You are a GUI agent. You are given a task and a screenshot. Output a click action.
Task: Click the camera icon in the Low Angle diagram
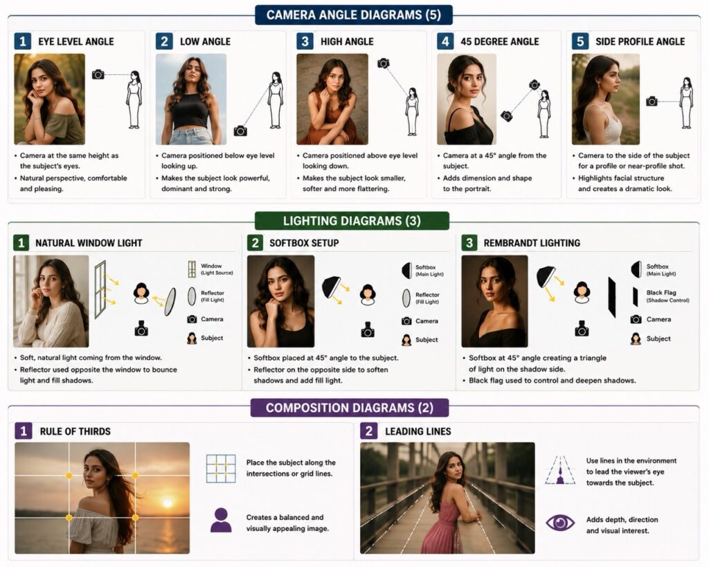coord(240,131)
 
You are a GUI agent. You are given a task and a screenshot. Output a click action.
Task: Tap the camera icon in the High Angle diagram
coord(384,63)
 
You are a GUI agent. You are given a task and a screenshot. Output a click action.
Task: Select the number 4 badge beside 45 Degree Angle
coord(445,41)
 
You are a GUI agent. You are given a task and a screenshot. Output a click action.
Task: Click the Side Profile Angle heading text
coord(640,42)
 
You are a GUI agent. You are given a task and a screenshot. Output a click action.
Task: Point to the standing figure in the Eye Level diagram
coord(134,100)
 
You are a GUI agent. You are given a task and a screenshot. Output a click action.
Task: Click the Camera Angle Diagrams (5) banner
coord(354,15)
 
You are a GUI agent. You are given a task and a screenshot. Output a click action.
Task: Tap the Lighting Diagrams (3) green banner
coord(352,221)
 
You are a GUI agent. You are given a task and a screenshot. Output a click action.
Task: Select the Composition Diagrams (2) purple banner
coord(350,408)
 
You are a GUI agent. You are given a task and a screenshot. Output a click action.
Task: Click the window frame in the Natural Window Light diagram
coord(100,289)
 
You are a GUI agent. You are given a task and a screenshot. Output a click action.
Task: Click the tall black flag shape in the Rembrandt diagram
coord(612,297)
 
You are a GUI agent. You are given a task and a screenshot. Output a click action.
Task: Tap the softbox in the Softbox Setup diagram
coord(331,287)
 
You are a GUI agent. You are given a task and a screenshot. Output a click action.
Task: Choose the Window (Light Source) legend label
coord(217,269)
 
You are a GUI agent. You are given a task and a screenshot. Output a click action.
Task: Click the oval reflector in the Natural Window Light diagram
coord(170,301)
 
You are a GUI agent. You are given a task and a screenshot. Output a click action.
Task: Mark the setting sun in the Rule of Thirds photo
coord(168,503)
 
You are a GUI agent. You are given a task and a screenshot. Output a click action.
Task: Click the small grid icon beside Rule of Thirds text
coord(221,469)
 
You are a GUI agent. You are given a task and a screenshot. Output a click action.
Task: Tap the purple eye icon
coord(560,523)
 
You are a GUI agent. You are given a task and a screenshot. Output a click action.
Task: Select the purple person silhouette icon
coord(221,520)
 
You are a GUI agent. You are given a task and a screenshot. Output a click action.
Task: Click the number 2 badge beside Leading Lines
coord(368,431)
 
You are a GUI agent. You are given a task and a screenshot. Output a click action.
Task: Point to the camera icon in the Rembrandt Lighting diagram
coord(582,329)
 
